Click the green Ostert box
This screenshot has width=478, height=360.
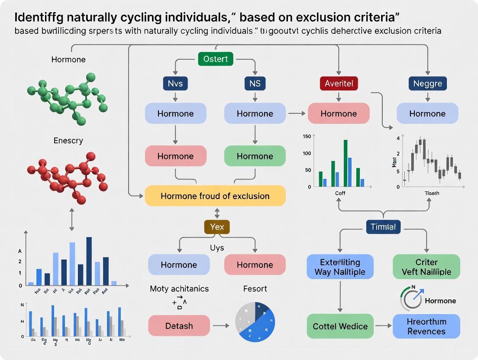215,59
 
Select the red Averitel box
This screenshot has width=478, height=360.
339,83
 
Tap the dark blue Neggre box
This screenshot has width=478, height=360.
427,83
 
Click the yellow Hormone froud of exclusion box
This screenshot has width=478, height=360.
215,196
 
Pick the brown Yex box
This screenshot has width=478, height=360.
216,227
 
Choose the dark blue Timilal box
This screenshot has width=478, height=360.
383,227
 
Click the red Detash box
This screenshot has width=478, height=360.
179,326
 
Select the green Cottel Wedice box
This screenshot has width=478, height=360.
340,326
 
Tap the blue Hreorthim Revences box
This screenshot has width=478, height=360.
426,326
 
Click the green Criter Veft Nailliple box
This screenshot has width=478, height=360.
426,267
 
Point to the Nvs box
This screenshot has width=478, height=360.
175,83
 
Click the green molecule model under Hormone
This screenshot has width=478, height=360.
67,97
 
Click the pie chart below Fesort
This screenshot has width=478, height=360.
255,321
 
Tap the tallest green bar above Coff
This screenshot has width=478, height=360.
346,163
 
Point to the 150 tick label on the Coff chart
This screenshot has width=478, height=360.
307,137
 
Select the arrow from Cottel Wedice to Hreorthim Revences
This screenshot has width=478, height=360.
383,326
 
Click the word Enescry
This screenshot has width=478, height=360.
68,141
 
